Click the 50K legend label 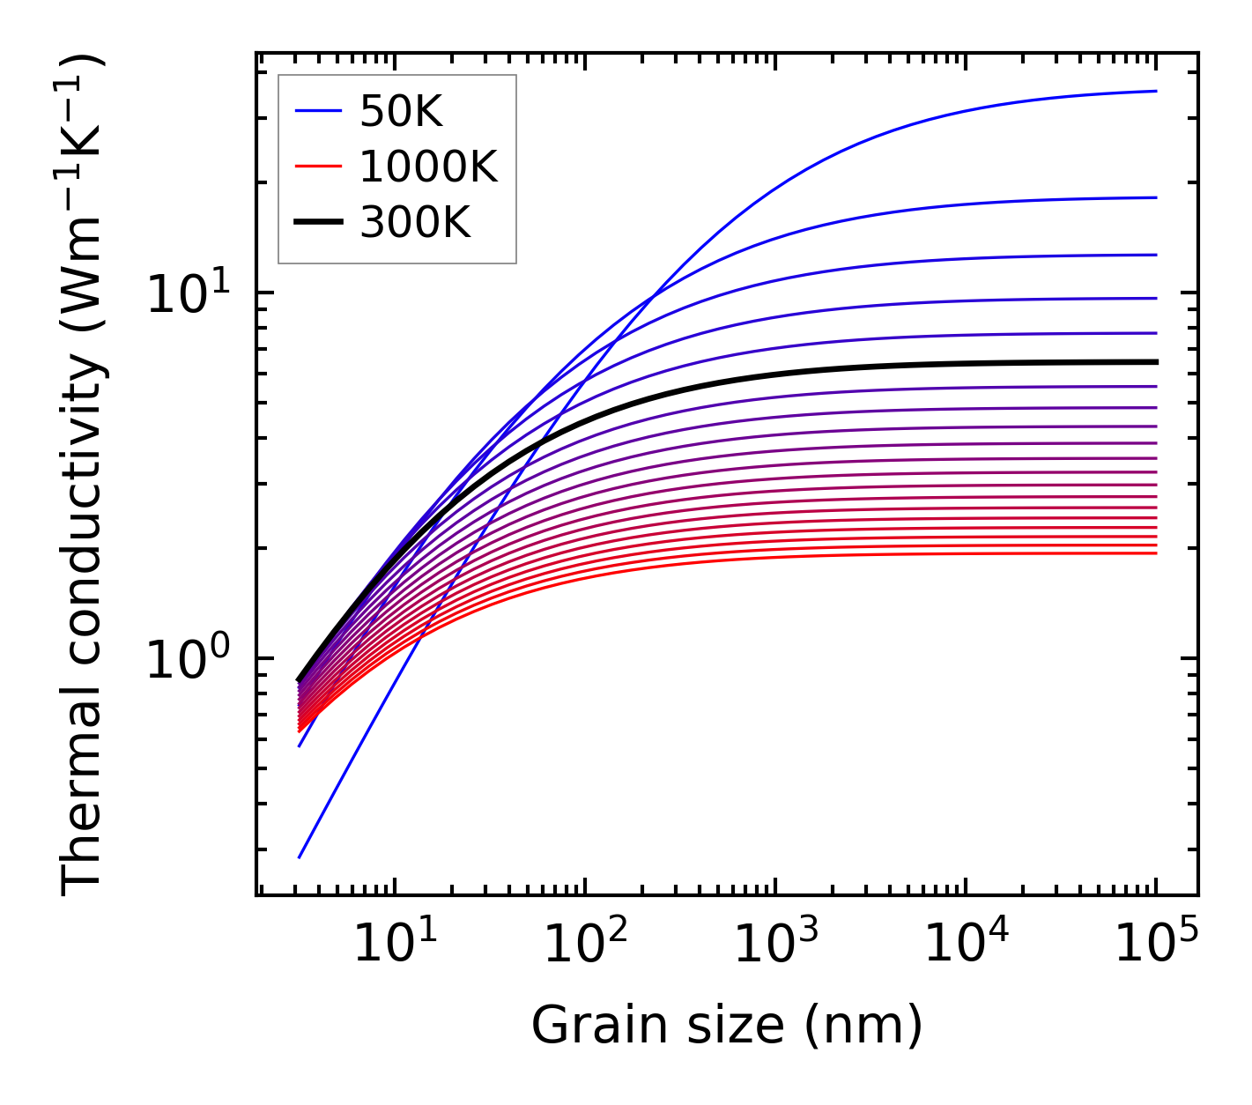coord(401,111)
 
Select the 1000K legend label coord(428,167)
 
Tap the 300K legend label coord(415,223)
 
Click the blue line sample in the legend coord(318,111)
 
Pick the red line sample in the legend coord(318,167)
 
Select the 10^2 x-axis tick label coord(584,945)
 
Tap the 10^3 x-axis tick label coord(774,945)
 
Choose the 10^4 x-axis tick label coord(965,945)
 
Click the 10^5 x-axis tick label coord(1155,945)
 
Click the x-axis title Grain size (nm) coord(727,1026)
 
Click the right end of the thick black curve coord(1155,362)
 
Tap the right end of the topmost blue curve coord(1155,91)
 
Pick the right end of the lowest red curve coord(1155,553)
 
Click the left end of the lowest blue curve coord(300,857)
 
